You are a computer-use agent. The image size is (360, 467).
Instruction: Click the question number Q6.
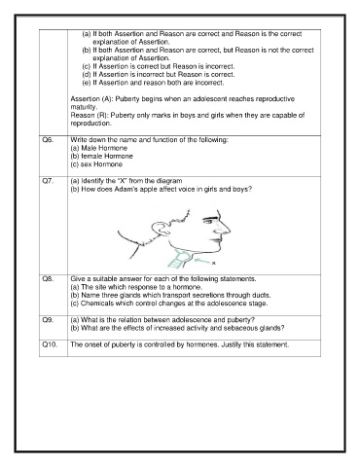click(48, 140)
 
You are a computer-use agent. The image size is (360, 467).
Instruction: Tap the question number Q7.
click(48, 181)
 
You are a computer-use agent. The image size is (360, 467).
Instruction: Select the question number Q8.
click(48, 279)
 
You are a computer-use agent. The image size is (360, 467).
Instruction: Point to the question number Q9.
click(48, 320)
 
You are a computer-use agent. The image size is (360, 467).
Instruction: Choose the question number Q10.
click(50, 344)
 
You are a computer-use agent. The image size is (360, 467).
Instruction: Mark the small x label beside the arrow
click(213, 263)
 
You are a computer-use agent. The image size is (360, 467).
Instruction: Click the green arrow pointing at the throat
click(201, 260)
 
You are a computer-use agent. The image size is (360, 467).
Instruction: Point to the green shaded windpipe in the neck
click(178, 259)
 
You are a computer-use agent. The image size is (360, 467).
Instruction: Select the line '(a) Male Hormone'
click(99, 148)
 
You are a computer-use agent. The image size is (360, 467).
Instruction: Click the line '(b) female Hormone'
click(102, 156)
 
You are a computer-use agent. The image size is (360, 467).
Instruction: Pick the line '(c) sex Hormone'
click(96, 164)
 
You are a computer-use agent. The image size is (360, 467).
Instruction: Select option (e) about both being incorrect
click(153, 83)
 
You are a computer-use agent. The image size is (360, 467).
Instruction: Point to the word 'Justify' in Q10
click(233, 344)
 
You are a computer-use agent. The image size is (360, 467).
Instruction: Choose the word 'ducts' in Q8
click(262, 295)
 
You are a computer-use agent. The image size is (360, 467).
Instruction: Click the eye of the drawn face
click(208, 221)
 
